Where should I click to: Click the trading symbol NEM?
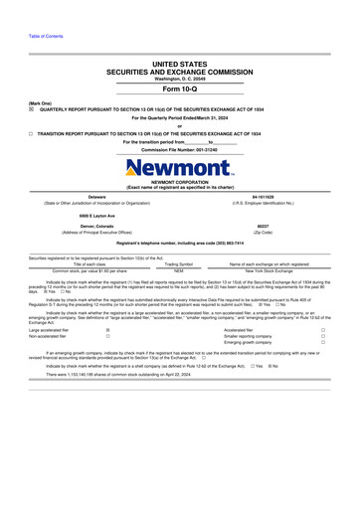[x=179, y=269]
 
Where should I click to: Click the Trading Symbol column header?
[x=179, y=263]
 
